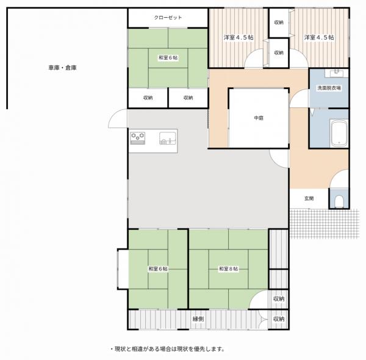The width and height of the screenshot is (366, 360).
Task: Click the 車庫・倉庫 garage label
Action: point(62,68)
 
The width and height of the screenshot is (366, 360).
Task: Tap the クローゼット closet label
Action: point(168,18)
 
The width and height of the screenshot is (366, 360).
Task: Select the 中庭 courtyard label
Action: point(259,118)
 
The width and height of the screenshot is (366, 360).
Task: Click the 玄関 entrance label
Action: point(309,198)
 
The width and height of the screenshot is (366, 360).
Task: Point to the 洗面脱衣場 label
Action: point(329,88)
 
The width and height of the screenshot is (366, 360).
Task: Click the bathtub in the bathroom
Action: point(339,133)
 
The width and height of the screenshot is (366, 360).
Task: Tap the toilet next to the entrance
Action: point(339,201)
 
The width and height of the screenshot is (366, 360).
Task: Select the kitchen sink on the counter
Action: point(168,139)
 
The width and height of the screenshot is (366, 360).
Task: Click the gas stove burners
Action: point(137,138)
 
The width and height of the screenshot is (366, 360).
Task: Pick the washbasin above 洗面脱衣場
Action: point(336,73)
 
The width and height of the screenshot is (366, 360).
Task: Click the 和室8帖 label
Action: point(228,269)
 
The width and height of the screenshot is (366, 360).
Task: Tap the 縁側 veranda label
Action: point(198,319)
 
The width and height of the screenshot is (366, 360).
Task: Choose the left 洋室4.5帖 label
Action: point(239,37)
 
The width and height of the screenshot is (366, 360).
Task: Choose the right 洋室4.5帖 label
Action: point(319,37)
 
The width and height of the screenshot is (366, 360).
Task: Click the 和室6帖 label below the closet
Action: point(168,58)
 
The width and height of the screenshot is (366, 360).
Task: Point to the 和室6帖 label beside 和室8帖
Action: point(158,269)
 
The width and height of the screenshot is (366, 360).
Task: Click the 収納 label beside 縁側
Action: point(279,319)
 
